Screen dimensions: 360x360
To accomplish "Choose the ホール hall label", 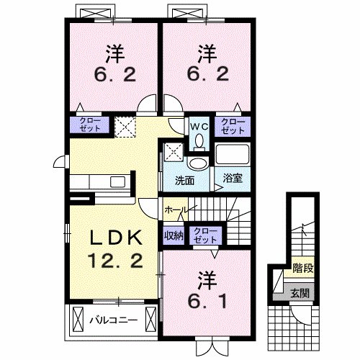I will (176, 210).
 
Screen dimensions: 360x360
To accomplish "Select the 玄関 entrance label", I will (302, 293).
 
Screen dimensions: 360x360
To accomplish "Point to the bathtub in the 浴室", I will (232, 154).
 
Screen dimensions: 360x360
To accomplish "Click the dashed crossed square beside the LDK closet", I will (127, 126).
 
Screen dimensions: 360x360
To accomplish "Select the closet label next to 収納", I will (205, 234).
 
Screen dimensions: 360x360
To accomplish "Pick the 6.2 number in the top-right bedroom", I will (208, 74).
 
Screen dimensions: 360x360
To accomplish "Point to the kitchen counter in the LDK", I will (101, 182).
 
